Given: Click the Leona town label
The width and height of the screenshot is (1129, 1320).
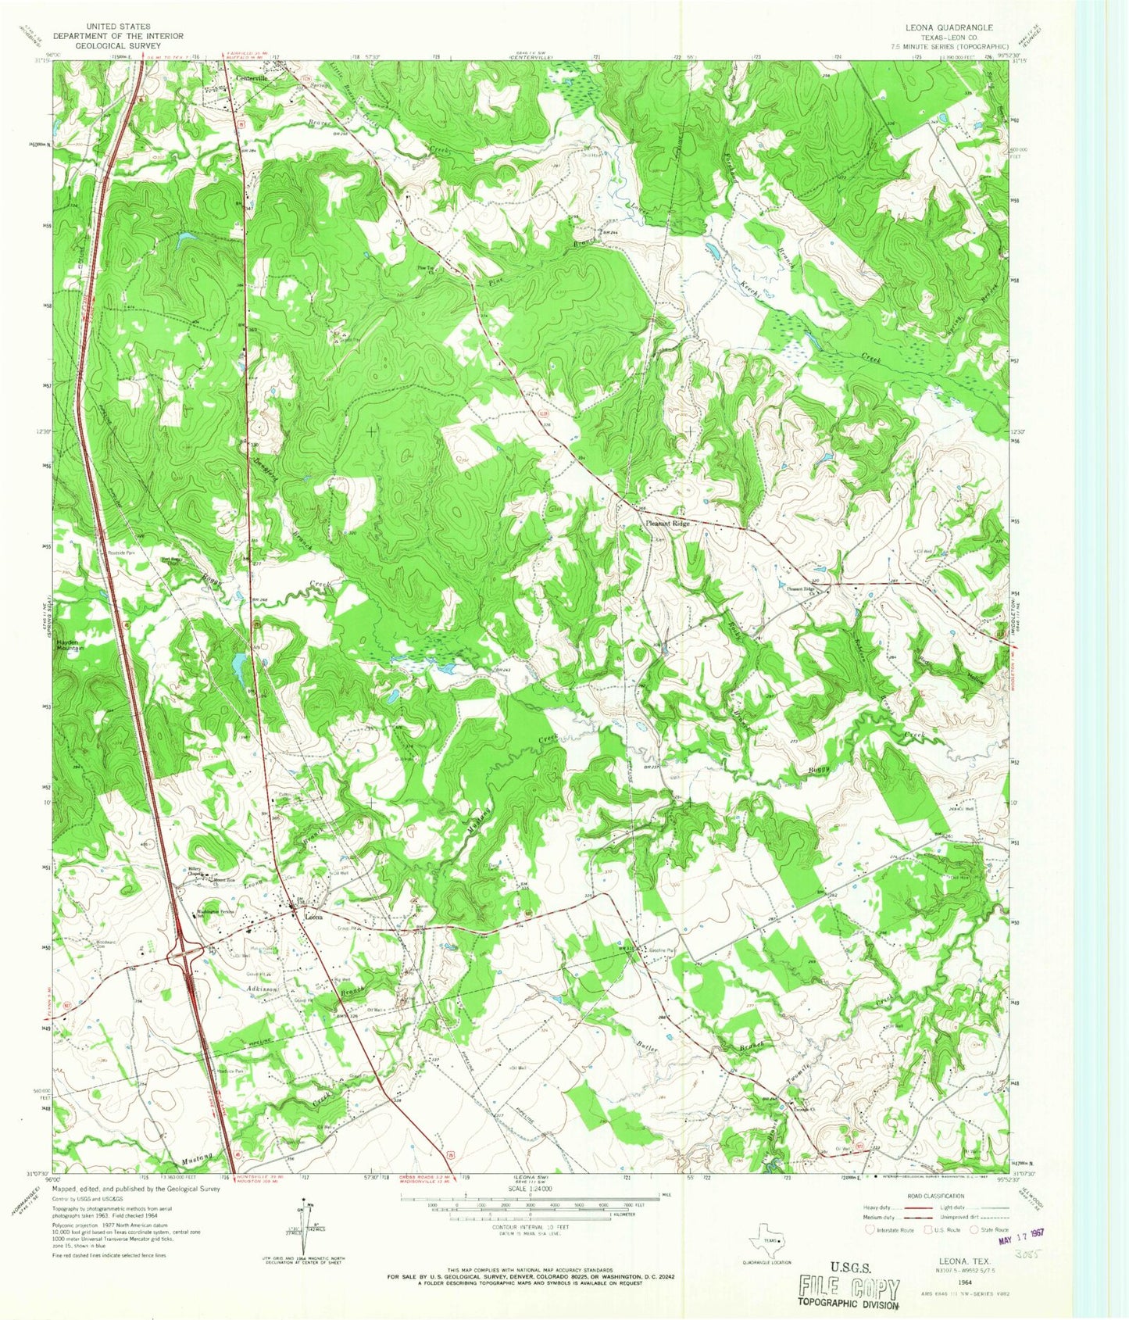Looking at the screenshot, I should [314, 918].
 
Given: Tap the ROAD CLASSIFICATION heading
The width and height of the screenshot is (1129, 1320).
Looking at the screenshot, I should [937, 1196].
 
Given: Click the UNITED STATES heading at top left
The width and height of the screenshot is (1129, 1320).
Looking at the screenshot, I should [118, 26].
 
